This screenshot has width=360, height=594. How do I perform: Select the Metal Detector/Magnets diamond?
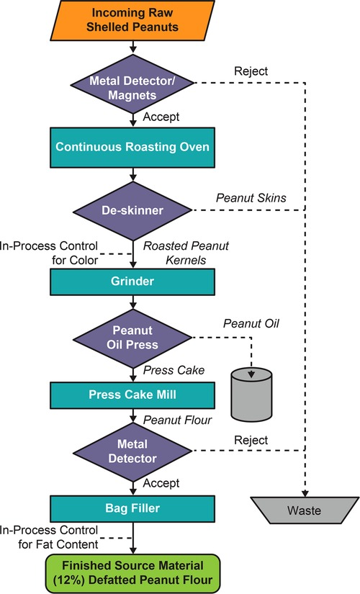click(x=132, y=84)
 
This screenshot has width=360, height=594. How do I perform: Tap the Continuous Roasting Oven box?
click(x=132, y=147)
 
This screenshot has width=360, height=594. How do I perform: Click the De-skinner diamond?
click(x=132, y=210)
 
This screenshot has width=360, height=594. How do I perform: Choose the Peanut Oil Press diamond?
click(x=132, y=336)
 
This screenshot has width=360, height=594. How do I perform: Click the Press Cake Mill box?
click(x=132, y=395)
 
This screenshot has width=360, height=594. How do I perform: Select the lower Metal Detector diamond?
click(x=132, y=451)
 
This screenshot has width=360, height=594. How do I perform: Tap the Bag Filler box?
click(x=132, y=508)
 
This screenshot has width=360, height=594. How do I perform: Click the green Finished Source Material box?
click(x=132, y=568)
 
